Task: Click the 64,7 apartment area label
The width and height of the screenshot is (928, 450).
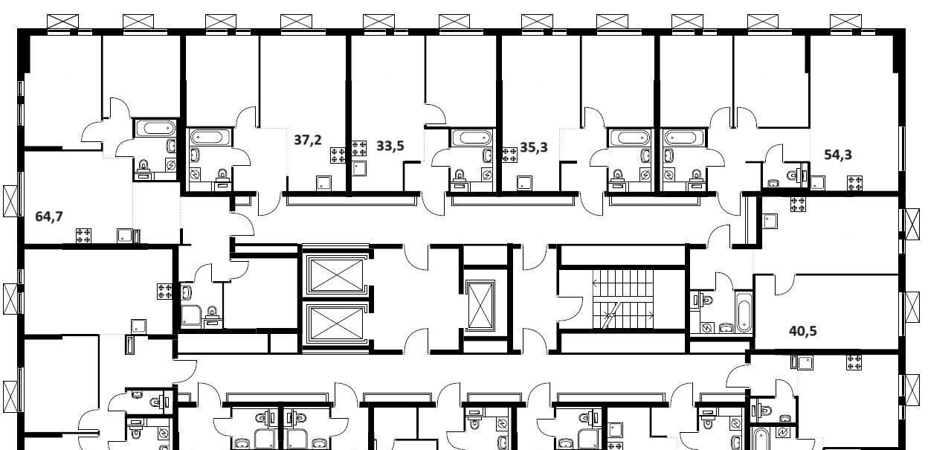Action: pos(49,216)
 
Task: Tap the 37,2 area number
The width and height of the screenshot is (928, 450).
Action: pos(307,140)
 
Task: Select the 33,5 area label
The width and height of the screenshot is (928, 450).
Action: pos(390,146)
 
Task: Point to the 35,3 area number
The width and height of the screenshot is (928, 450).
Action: pos(534,147)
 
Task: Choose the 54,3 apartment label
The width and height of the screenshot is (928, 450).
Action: pos(838,155)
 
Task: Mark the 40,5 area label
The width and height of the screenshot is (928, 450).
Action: pos(803,331)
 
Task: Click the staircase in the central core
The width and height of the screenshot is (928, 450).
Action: pos(622,299)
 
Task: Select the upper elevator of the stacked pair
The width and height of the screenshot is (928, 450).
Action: pos(336,274)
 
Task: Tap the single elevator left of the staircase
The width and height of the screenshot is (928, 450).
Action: pos(480,306)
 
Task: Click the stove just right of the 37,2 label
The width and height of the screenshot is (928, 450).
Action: pos(338,155)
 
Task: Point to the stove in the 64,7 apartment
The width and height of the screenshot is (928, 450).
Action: pos(83,235)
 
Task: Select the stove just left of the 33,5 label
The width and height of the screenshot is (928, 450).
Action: pos(358,148)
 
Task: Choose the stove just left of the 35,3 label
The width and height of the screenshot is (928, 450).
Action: pos(509,155)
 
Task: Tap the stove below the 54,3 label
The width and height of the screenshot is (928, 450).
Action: pos(854,183)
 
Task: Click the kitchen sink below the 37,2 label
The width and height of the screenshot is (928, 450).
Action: pos(323,183)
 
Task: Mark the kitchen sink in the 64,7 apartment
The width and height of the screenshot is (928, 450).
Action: pos(124,236)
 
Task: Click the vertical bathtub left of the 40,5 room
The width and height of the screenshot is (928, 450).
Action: pos(744,312)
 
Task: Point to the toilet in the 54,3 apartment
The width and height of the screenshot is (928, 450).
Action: pos(793,176)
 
